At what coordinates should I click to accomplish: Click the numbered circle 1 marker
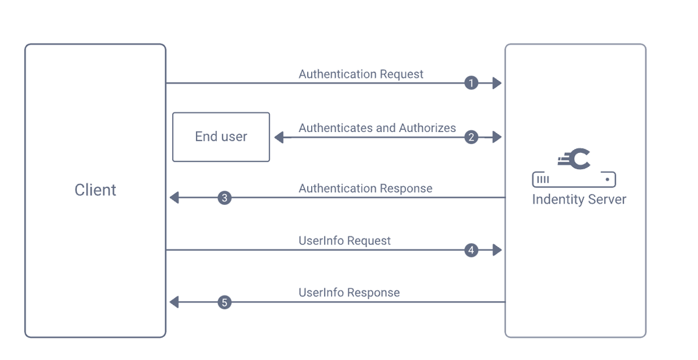[x=471, y=83]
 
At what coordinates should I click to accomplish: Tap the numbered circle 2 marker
[x=471, y=137]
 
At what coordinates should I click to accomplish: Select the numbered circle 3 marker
[x=225, y=198]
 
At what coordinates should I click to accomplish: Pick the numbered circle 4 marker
[x=471, y=250]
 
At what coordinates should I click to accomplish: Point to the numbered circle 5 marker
[x=225, y=302]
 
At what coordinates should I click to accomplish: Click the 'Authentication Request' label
[x=361, y=74]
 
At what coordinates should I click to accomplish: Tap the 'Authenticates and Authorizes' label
[x=377, y=128]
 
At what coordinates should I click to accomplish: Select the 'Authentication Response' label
[x=365, y=188]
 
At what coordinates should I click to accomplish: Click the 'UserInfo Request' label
[x=344, y=241]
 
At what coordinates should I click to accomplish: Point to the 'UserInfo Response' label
[x=349, y=293]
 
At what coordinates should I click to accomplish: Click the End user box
[x=221, y=137]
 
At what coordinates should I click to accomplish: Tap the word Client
[x=95, y=190]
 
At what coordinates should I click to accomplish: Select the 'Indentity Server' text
[x=579, y=199]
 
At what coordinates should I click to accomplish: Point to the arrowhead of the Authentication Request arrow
[x=497, y=83]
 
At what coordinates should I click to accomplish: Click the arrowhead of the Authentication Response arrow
[x=174, y=198]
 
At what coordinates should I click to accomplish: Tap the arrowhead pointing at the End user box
[x=279, y=137]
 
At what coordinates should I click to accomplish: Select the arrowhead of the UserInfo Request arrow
[x=497, y=250]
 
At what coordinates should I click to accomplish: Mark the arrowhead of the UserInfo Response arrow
[x=174, y=302]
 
